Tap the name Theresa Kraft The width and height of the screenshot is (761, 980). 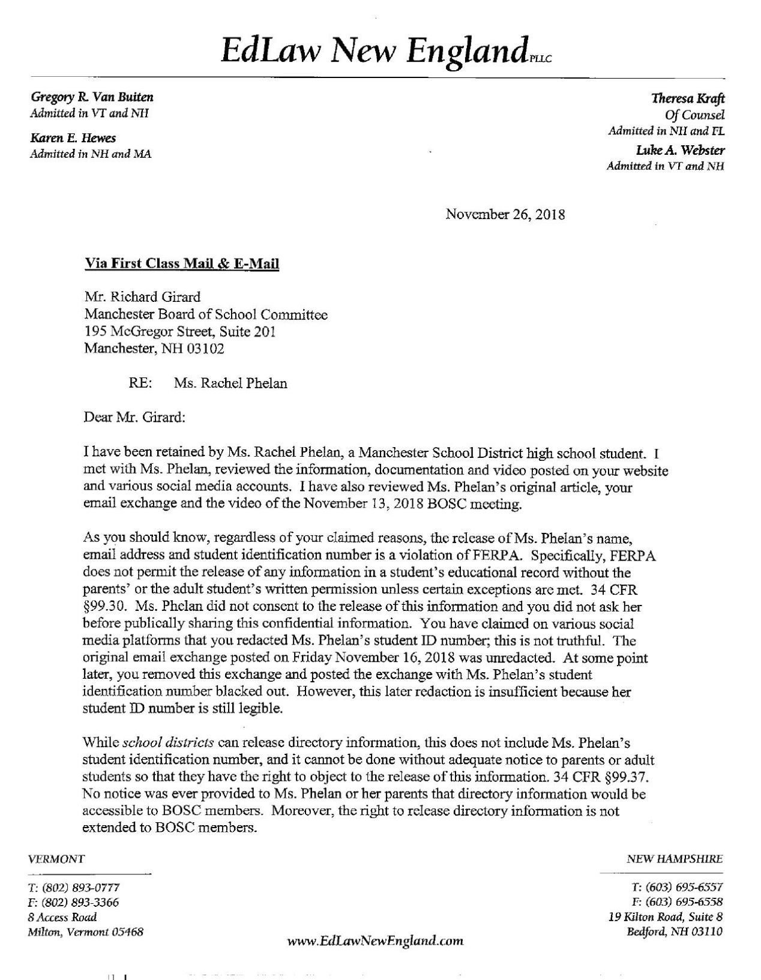[688, 99]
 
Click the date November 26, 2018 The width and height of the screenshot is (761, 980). [505, 214]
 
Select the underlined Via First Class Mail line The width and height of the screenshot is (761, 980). [181, 263]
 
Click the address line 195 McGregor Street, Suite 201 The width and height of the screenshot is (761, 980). [179, 331]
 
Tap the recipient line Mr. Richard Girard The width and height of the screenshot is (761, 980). [142, 296]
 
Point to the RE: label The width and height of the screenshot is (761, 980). [140, 383]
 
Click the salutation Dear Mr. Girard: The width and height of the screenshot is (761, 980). [135, 417]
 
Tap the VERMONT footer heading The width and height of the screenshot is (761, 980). [56, 859]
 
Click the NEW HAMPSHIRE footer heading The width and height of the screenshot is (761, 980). [674, 859]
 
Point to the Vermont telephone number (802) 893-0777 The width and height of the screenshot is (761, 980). [79, 888]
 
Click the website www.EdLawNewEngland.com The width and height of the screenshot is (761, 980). [376, 940]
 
